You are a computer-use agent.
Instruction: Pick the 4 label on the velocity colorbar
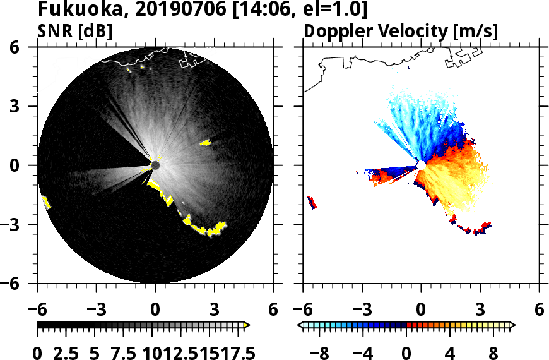(x=450, y=352)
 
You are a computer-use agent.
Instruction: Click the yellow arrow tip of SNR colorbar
(x=247, y=325)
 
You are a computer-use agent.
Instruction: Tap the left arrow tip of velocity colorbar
(x=301, y=325)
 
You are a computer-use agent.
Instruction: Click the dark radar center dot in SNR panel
(x=155, y=165)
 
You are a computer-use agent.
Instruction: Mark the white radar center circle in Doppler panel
(x=420, y=165)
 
